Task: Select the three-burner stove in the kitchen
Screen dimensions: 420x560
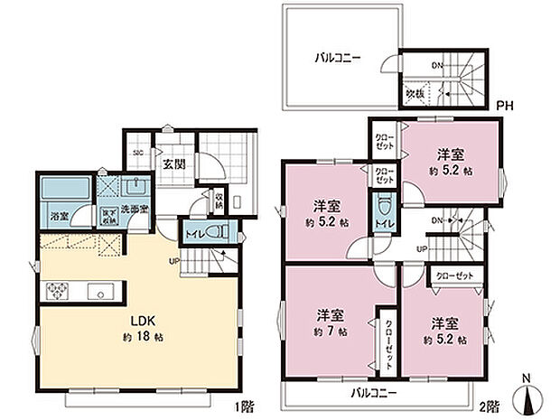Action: [57, 291]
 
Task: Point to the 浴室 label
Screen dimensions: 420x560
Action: [59, 217]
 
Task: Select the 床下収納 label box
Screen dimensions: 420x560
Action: [107, 217]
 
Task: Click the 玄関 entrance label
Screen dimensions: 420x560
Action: [174, 165]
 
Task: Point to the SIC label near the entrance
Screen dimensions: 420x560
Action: [138, 152]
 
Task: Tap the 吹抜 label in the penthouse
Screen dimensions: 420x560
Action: [413, 93]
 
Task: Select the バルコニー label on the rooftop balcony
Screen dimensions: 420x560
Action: [338, 57]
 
